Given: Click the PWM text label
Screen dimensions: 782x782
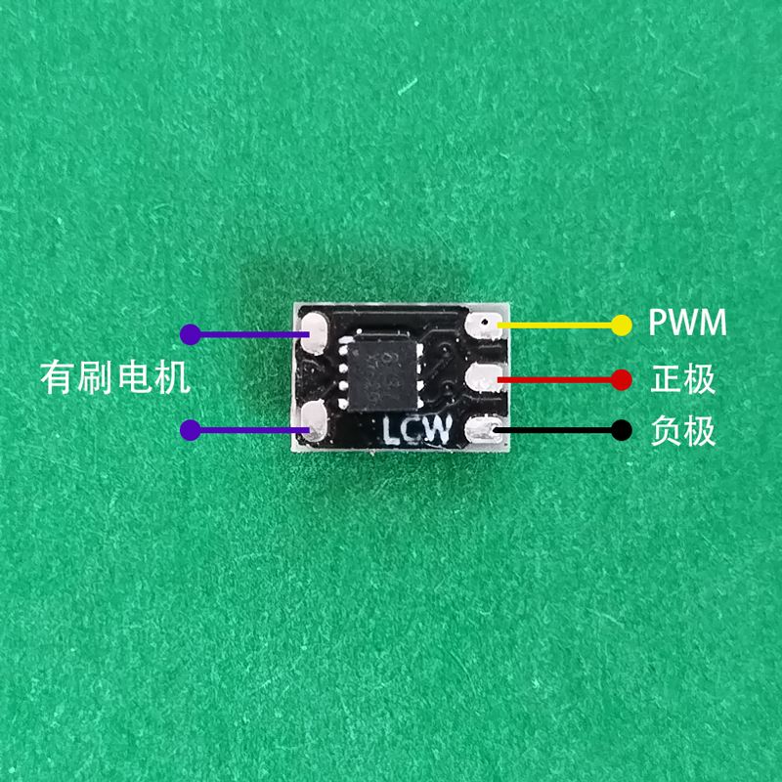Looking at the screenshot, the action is pos(687,324).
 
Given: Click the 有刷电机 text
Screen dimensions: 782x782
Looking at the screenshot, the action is pos(115,377).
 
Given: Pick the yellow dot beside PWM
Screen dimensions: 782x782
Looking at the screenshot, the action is pos(621,326).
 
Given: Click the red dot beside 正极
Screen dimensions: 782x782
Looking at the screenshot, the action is pos(621,378).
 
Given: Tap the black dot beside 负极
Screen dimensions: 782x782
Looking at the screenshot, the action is pos(621,430).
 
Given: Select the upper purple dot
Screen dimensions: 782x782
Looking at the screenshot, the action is pos(191,334).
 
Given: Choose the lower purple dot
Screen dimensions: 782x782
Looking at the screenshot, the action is pos(191,429).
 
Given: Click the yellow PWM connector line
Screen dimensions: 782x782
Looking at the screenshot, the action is pos(557,326).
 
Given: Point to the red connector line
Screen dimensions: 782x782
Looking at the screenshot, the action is pos(557,378).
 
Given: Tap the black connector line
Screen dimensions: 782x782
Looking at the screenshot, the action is pos(557,430).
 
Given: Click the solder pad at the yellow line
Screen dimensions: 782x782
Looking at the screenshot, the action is pos(484,325).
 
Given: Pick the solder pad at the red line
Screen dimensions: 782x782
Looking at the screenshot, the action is pos(484,377).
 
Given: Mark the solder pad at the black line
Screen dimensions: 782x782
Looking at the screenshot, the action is pos(484,429).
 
